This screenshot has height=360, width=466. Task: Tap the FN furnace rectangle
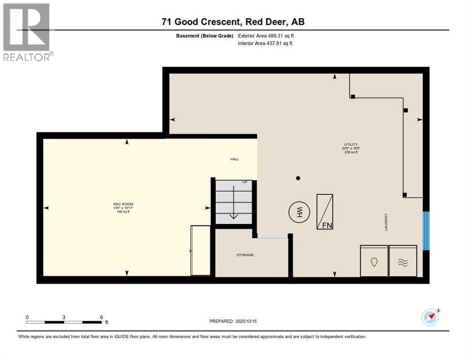click(325, 212)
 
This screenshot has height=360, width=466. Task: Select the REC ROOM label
click(123, 204)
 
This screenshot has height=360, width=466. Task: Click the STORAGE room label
click(245, 255)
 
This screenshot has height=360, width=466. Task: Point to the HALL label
click(234, 159)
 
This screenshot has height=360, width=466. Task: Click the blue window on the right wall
click(426, 231)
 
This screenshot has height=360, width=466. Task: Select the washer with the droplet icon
click(374, 261)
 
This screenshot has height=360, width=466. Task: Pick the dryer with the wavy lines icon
click(403, 261)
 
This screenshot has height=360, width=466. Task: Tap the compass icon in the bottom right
click(430, 317)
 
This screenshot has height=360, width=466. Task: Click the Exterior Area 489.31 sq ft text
click(266, 36)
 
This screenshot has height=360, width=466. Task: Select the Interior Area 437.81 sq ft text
click(265, 44)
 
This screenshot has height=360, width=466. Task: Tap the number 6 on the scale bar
click(101, 317)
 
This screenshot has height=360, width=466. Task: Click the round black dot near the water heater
click(298, 178)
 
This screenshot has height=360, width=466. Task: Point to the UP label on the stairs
click(244, 182)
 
